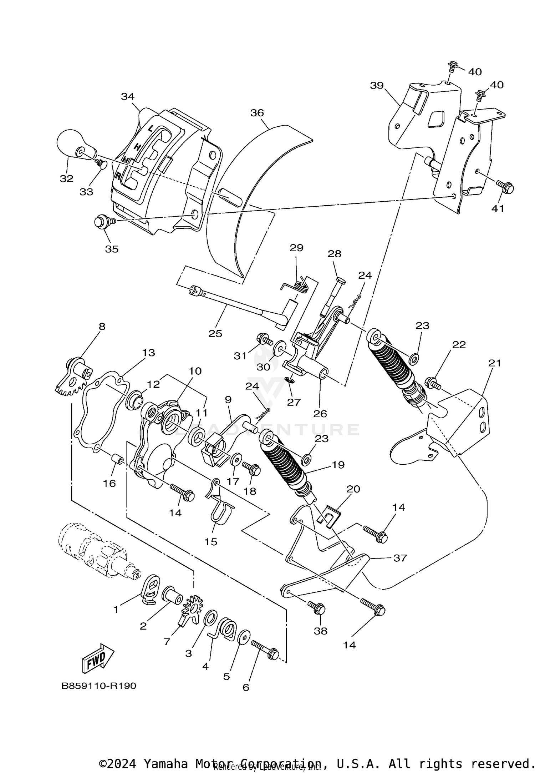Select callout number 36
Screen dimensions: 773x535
point(257,113)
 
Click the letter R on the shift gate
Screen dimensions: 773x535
point(117,176)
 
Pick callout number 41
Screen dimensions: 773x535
point(498,208)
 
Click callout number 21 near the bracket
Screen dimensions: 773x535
point(495,363)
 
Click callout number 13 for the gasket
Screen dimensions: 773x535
point(148,353)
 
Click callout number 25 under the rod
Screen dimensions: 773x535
point(215,334)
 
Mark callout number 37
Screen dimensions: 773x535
point(399,558)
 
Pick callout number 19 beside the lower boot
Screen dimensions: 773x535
point(338,465)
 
